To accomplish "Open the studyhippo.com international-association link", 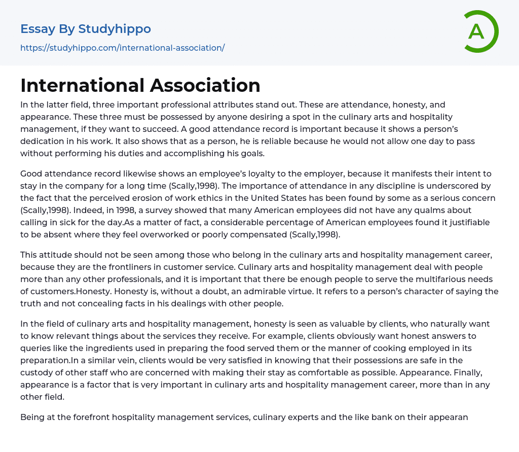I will click(x=122, y=48).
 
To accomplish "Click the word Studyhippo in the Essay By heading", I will click(x=115, y=29).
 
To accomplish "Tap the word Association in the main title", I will click(x=201, y=85).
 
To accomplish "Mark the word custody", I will click(x=36, y=372).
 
